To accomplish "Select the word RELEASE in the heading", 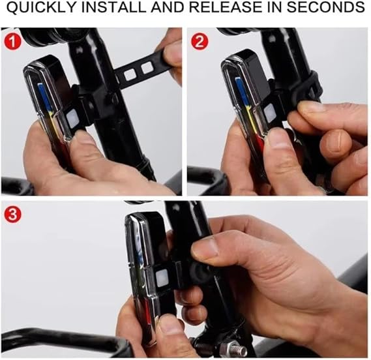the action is coord(226,7).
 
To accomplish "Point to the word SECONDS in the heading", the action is coord(326,7).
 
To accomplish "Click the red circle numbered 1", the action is coord(13,41).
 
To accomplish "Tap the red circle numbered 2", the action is coord(200,41).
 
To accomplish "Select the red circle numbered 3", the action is coord(13,215).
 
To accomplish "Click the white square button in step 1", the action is coord(72,117).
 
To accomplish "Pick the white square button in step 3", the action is coord(162,278).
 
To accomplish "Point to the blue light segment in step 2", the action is coord(242,91).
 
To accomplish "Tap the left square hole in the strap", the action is coord(130,76).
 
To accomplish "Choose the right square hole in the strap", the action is coord(147,68).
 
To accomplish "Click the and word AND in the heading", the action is coord(168,7).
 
